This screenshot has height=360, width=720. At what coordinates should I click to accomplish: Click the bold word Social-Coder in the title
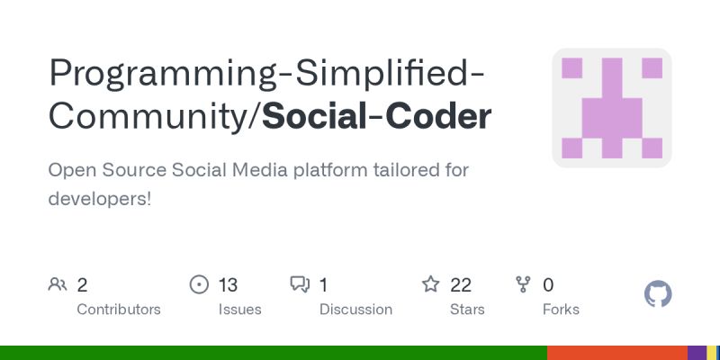[377, 117]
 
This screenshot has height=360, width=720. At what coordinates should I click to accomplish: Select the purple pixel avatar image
[612, 108]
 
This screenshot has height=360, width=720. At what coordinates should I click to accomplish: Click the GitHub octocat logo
[659, 294]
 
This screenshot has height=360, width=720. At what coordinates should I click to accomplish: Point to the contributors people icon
[58, 285]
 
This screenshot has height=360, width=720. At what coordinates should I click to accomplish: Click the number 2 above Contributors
[82, 285]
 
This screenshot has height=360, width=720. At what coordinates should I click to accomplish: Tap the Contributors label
[119, 310]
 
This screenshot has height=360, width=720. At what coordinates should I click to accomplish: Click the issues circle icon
[199, 285]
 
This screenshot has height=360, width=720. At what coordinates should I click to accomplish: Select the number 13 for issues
[228, 285]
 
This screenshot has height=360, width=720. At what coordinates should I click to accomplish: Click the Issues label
[239, 310]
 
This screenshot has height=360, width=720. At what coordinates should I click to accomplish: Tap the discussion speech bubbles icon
[300, 285]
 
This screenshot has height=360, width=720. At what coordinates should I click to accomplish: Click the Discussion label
[355, 310]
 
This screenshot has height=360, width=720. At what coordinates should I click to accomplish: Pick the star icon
[431, 285]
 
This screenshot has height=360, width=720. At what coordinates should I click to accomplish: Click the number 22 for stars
[461, 285]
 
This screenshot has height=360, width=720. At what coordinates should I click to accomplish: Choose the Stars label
[467, 310]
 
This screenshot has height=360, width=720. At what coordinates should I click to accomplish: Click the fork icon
[523, 285]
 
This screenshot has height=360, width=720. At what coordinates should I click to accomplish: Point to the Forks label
[561, 310]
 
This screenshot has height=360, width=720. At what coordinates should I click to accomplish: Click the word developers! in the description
[100, 198]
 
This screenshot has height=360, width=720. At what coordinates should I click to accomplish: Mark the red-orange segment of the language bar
[617, 352]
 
